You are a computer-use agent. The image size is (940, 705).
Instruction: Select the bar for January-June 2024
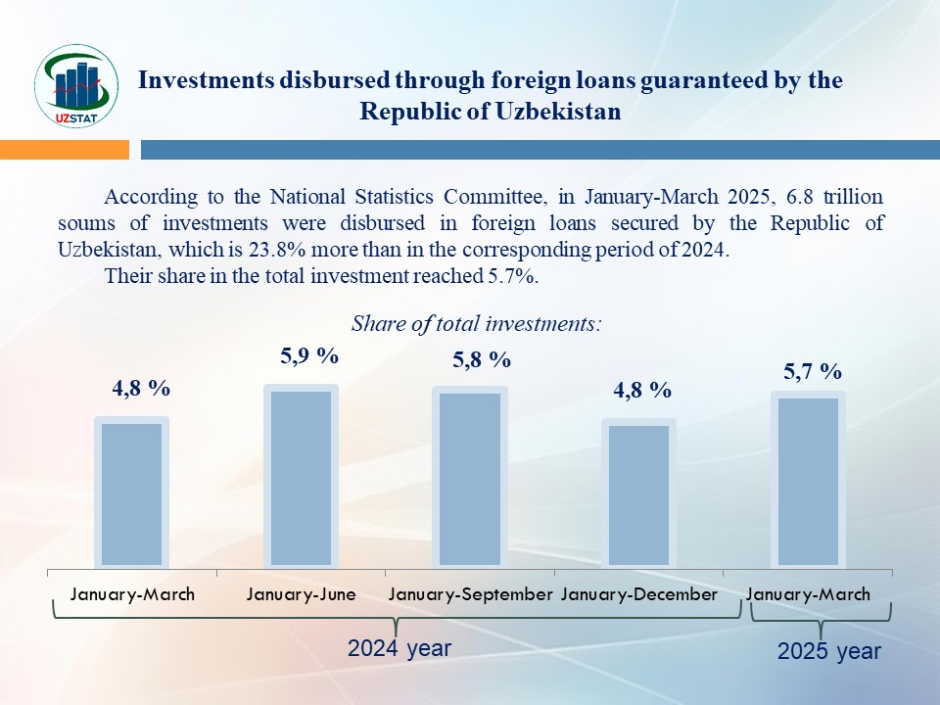click(x=302, y=477)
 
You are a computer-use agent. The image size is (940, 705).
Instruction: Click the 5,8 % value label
click(x=482, y=359)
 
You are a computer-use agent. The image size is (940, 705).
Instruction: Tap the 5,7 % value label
click(x=813, y=371)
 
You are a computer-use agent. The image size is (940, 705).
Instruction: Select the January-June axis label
click(x=302, y=594)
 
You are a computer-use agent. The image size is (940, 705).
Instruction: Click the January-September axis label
click(x=471, y=594)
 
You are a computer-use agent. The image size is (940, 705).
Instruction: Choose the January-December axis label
click(x=639, y=594)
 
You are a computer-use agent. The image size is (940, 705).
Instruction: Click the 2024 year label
click(x=399, y=648)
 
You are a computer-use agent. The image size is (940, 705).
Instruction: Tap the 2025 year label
click(x=829, y=651)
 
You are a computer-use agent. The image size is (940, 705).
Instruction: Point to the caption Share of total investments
click(x=476, y=323)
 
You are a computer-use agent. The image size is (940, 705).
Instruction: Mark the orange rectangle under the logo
click(x=65, y=149)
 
